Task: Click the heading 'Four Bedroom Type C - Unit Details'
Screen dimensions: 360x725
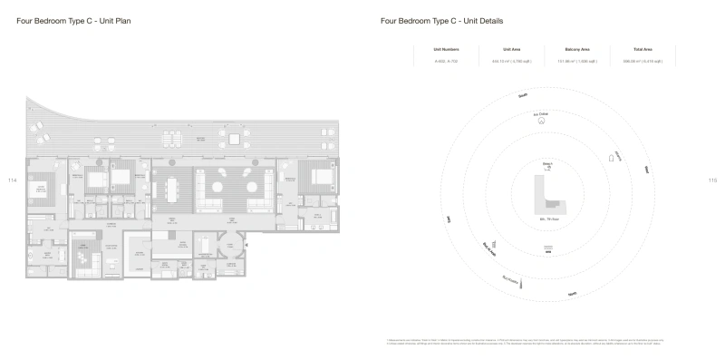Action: coord(429,20)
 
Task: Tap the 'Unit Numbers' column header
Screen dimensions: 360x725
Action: coord(447,49)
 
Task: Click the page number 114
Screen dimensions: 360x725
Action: coord(12,180)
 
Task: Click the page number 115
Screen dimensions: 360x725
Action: coord(712,180)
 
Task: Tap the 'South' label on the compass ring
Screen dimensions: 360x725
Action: coord(523,95)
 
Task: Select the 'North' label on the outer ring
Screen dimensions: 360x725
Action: coord(572,294)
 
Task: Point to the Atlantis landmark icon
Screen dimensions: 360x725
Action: coord(611,160)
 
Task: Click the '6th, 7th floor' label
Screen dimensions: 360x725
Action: coord(547,220)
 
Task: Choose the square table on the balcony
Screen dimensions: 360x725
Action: coord(235,138)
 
